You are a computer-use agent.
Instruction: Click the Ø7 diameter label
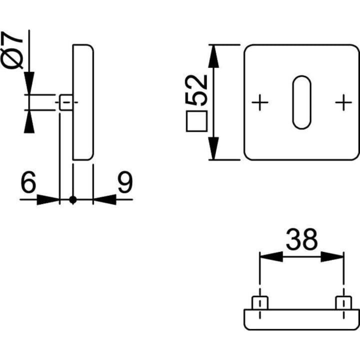tap(11, 50)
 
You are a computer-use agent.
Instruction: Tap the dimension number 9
tap(125, 182)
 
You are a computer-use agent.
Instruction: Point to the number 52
tap(196, 90)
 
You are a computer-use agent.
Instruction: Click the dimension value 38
tap(301, 239)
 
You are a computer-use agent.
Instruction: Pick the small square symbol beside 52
tap(197, 121)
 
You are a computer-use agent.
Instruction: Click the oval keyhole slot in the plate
tap(301, 102)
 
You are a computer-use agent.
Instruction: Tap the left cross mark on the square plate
tap(260, 102)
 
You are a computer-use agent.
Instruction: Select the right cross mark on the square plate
tap(343, 102)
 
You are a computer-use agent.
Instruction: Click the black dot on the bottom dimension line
tap(73, 200)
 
